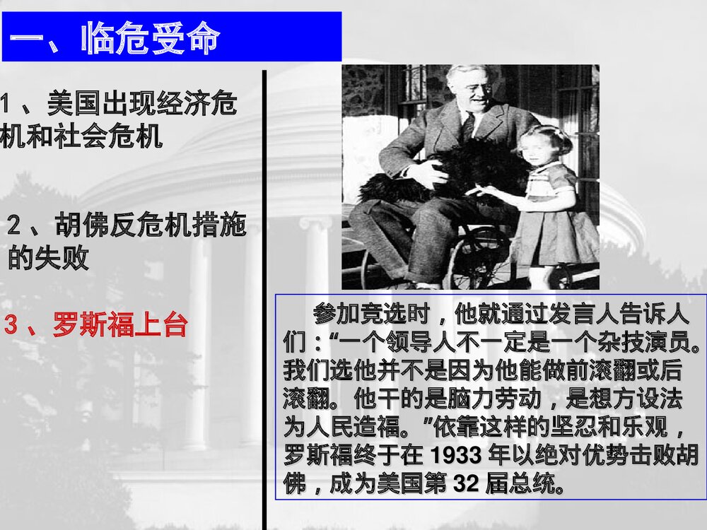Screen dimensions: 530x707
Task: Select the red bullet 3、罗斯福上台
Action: tap(96, 326)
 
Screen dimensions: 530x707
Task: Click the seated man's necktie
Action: tap(467, 127)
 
